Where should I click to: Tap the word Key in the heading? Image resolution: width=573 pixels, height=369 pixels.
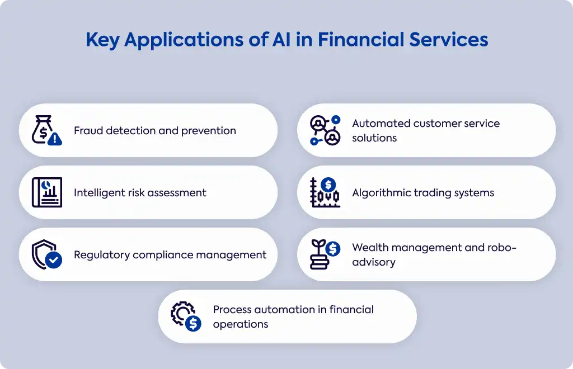pos(102,40)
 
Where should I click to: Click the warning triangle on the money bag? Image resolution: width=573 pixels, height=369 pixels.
pos(55,139)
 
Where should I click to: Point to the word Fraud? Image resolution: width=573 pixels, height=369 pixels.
pos(88,130)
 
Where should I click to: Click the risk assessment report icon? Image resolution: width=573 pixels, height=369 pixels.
pos(47,192)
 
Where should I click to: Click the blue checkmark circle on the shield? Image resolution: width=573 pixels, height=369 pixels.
pos(54,260)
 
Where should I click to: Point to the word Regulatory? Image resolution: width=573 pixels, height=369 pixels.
pos(102,255)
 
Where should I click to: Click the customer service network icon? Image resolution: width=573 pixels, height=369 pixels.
pos(325,130)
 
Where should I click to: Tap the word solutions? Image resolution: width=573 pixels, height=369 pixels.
pos(374,138)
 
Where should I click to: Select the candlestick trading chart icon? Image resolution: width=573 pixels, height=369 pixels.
pos(325,192)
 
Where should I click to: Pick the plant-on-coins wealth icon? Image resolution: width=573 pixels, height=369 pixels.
pos(325,254)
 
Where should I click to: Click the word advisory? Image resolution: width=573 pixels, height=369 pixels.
pos(374,262)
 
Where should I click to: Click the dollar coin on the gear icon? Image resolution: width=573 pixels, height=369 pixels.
pos(193,323)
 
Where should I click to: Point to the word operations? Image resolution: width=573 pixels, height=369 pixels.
pos(241,324)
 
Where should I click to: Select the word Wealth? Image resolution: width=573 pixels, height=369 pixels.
pos(370,248)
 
